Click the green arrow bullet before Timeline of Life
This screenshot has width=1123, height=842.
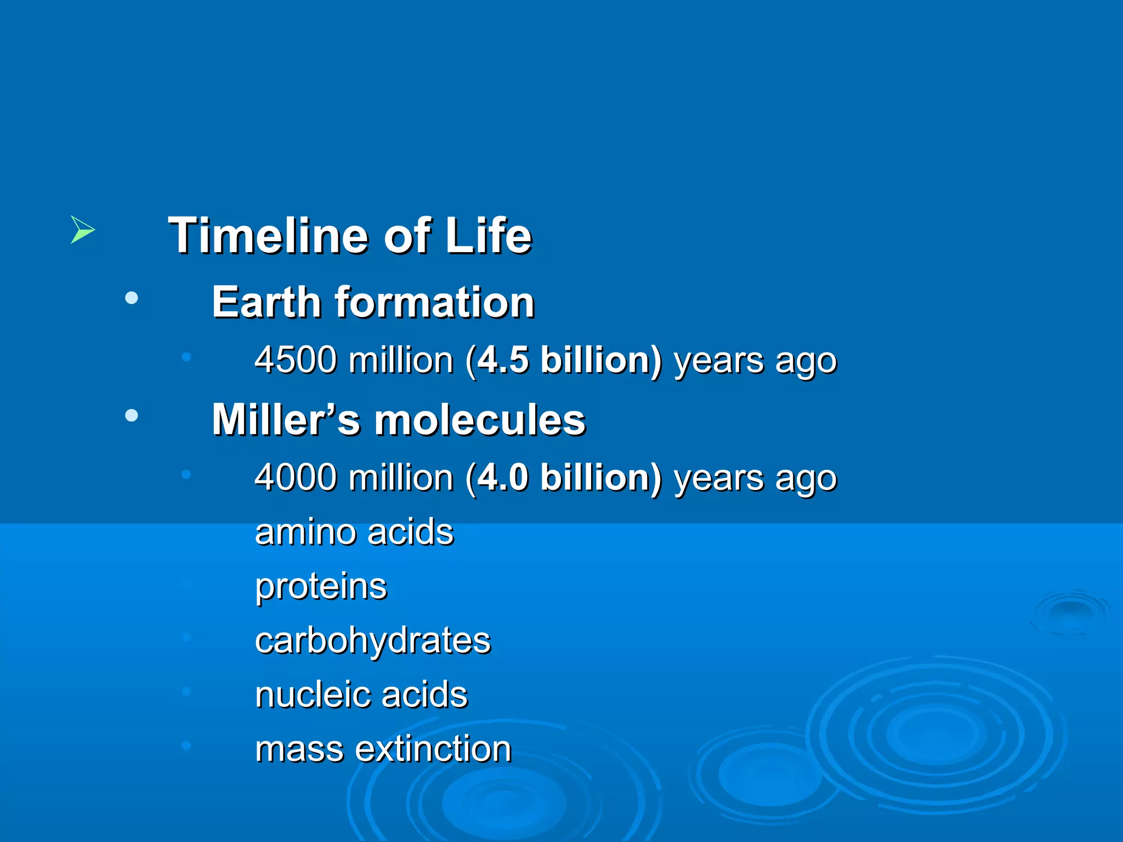[82, 230]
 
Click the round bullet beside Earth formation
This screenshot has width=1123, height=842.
[132, 298]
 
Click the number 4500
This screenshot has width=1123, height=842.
[296, 360]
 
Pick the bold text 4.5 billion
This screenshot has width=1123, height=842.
[569, 360]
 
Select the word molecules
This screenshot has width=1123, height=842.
[480, 420]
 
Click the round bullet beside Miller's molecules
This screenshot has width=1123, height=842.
[132, 416]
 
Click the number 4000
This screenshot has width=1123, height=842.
[296, 477]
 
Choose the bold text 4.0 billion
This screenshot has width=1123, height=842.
[569, 477]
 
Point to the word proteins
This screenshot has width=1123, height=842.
[321, 587]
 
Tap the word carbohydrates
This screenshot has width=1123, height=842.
[373, 641]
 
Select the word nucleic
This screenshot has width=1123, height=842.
[312, 695]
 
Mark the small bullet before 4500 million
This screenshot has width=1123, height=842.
[186, 357]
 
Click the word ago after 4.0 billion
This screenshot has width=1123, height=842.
[806, 479]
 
